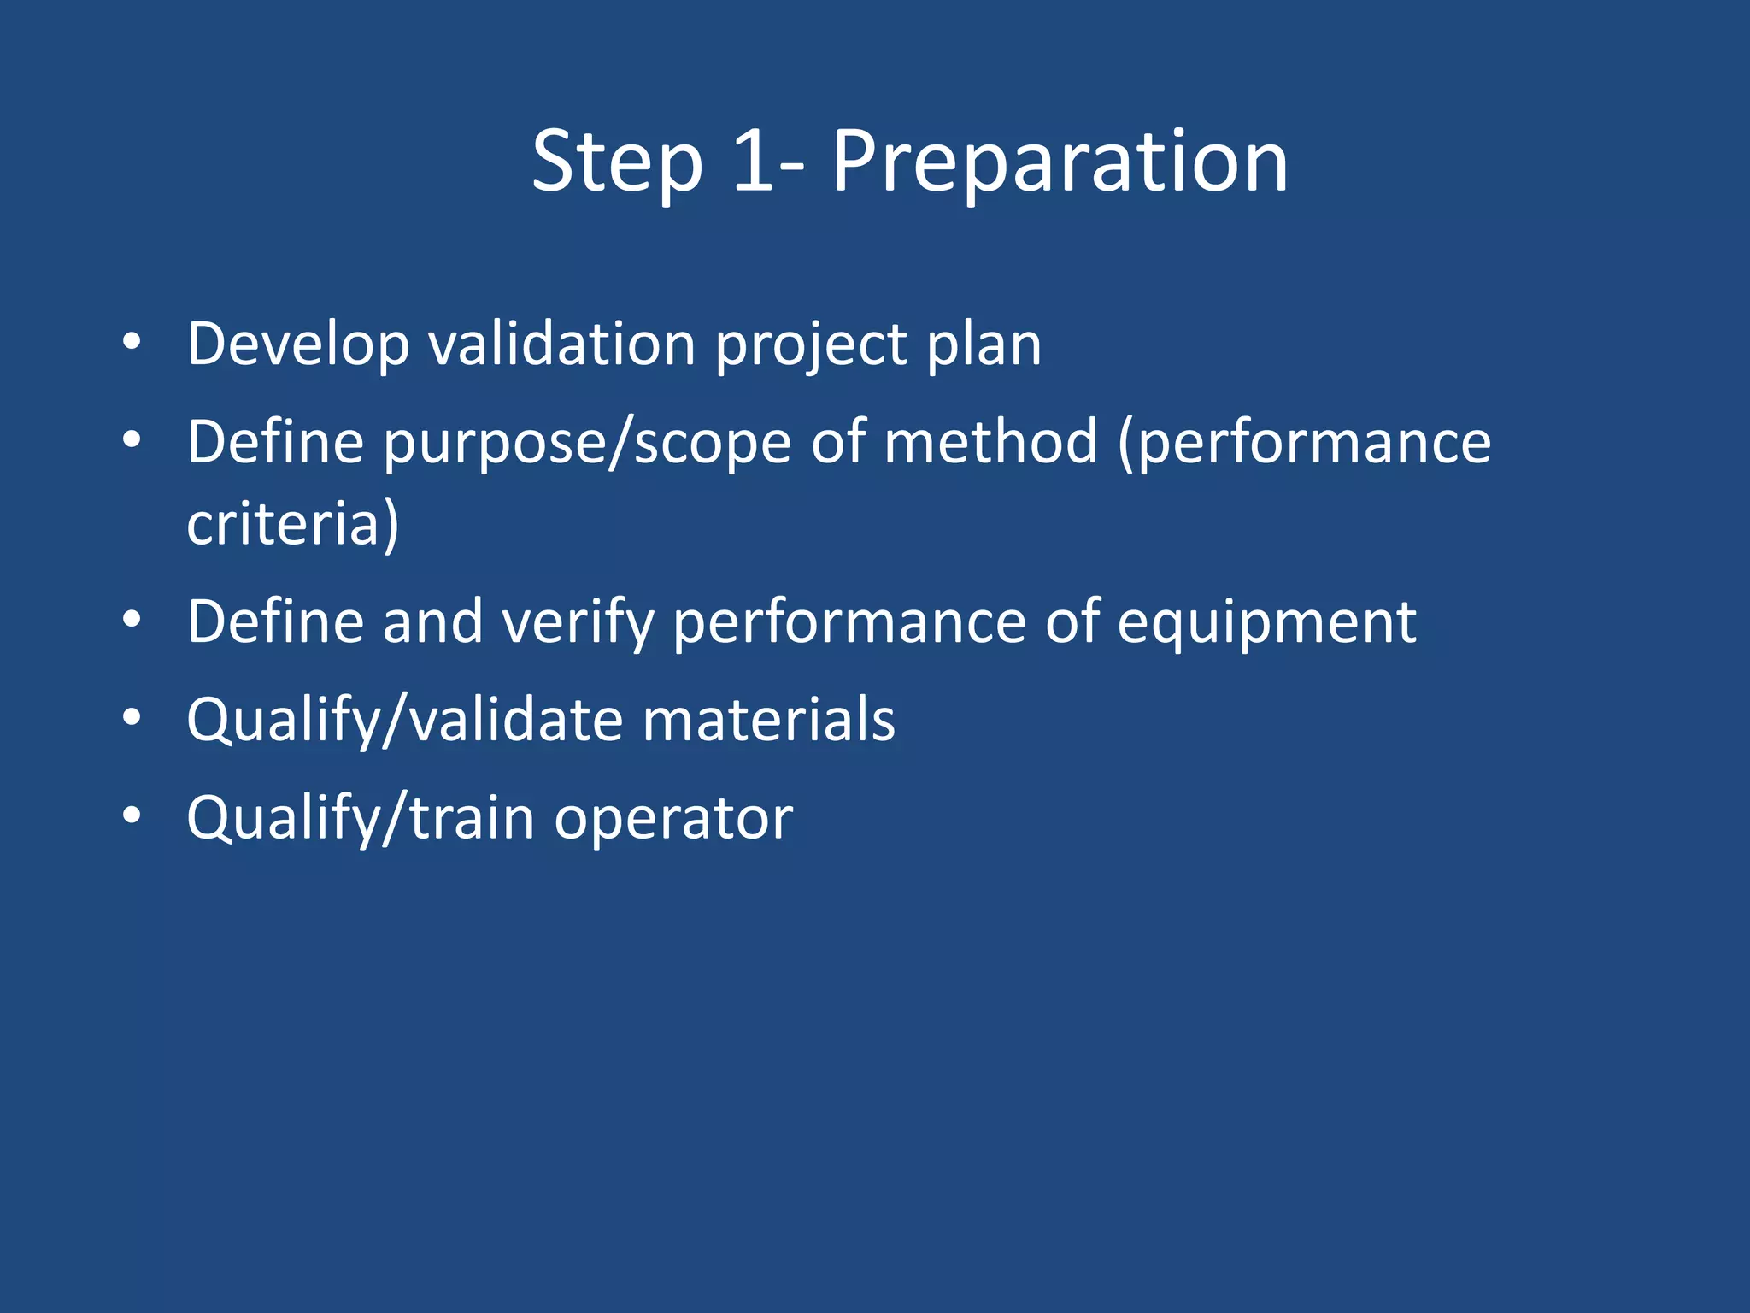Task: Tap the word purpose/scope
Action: [587, 444]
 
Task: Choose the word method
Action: [990, 442]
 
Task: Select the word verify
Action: [578, 623]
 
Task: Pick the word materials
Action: [768, 720]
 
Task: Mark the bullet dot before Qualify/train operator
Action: [131, 816]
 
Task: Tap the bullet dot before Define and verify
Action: [131, 620]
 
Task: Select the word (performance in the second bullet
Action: [1304, 444]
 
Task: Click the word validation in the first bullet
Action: [561, 345]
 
